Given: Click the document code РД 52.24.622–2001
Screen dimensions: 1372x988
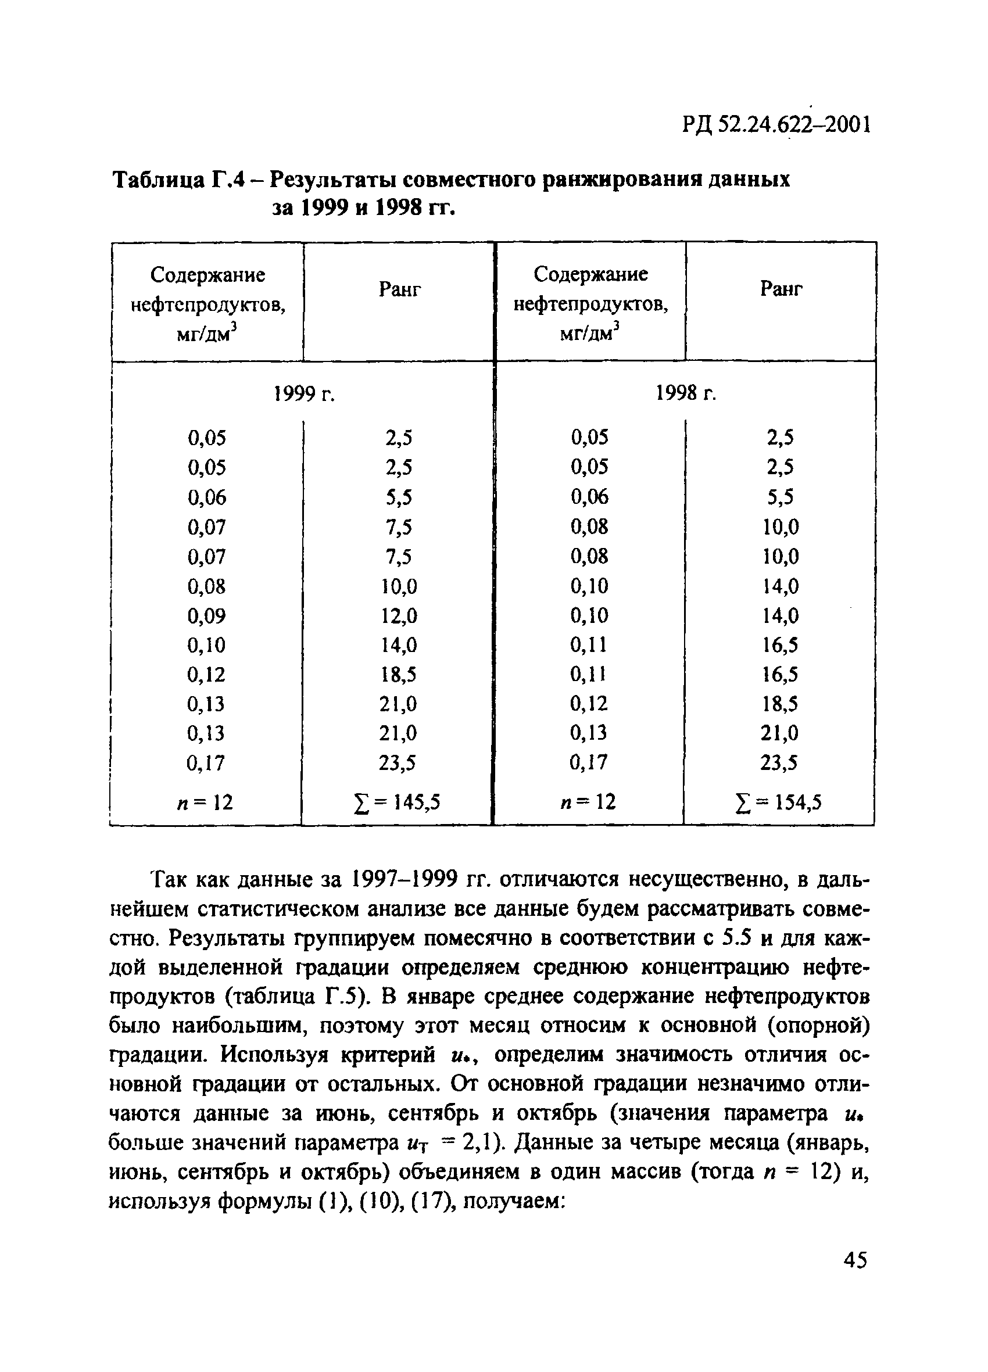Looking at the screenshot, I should [x=777, y=125].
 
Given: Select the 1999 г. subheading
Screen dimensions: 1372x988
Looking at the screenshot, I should [x=305, y=395].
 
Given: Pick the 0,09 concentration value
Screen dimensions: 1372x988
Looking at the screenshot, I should [x=206, y=616].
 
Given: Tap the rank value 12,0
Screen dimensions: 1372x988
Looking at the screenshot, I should [x=399, y=616].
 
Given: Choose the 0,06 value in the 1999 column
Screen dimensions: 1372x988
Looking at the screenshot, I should [x=206, y=497].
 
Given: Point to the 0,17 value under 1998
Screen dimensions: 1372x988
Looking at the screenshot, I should [x=589, y=762].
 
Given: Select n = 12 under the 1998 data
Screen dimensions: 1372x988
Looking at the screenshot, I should [x=588, y=802].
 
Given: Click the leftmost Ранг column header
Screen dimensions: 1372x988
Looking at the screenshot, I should [x=399, y=291].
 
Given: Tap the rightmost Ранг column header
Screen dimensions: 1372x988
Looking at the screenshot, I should [x=781, y=289].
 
